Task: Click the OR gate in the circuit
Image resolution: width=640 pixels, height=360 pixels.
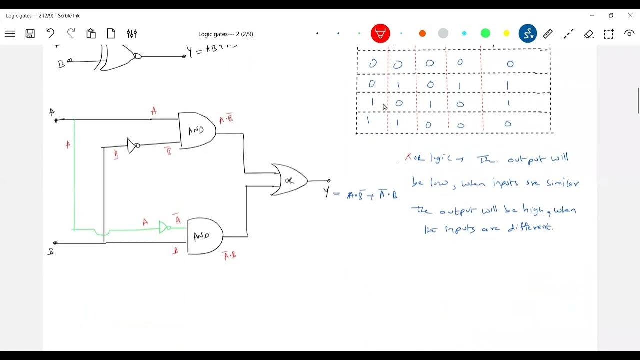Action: point(289,180)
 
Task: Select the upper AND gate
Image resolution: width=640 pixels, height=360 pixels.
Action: point(196,131)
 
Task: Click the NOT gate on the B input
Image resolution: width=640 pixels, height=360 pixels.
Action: point(133,145)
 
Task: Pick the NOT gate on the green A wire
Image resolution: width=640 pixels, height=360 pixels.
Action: point(164,227)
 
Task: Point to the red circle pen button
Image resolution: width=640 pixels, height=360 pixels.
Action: point(380,34)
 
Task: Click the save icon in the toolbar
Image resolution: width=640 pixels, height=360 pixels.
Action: point(30,34)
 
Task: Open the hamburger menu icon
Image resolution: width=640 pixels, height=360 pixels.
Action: point(10,34)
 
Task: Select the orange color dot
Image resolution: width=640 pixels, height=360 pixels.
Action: point(422,34)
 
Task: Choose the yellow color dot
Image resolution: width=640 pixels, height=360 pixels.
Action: point(506,34)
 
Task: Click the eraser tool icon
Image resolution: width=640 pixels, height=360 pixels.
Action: point(588,34)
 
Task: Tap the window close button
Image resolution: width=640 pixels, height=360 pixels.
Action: point(630,16)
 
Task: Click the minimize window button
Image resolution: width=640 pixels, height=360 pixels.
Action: point(592,16)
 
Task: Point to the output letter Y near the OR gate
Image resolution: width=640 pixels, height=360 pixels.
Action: point(327,191)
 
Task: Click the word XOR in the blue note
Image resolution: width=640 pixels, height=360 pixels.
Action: point(414,158)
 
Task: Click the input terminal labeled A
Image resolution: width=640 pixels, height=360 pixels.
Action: point(56,120)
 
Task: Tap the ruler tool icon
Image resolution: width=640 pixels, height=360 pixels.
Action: point(548,34)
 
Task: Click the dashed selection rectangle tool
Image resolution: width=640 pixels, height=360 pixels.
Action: point(608,34)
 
